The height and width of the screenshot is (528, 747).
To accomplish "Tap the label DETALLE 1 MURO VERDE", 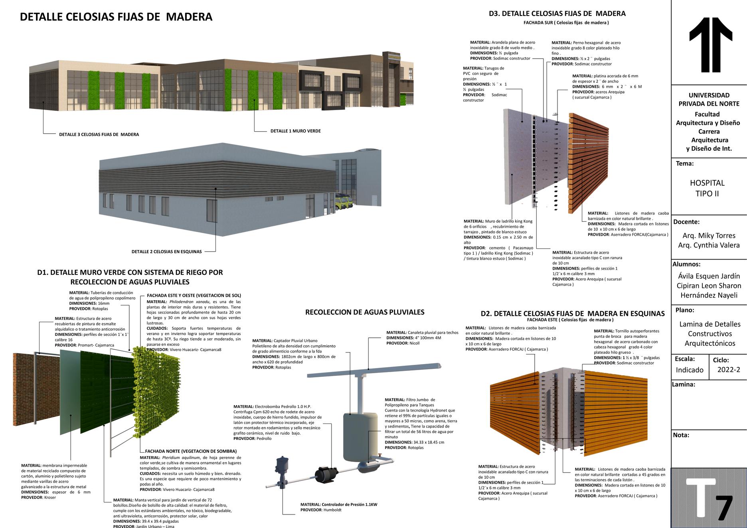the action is [x=295, y=131].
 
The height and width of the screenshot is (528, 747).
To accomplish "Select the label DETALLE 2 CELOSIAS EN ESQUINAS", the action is [x=166, y=252].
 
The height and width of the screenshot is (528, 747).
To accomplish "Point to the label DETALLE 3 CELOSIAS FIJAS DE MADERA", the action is [x=99, y=134].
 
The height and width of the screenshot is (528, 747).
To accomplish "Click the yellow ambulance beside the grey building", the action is [x=344, y=201].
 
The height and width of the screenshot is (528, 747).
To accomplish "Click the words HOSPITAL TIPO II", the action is [x=707, y=188].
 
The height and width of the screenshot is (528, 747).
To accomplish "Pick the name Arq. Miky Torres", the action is [x=709, y=235].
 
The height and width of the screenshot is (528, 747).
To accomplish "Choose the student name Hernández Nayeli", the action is [x=709, y=295].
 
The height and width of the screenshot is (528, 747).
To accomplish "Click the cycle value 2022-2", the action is [x=728, y=370].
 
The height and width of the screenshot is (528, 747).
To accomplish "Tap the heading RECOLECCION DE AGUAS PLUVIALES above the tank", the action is [x=365, y=312].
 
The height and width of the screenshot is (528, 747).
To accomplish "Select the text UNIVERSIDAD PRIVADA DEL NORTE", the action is [x=709, y=99].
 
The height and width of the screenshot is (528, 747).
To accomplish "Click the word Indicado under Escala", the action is [x=690, y=370].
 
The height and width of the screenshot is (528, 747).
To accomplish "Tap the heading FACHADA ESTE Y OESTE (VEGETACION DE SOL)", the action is [x=194, y=296].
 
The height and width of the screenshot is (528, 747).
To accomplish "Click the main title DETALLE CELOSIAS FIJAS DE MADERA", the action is [x=116, y=17].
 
